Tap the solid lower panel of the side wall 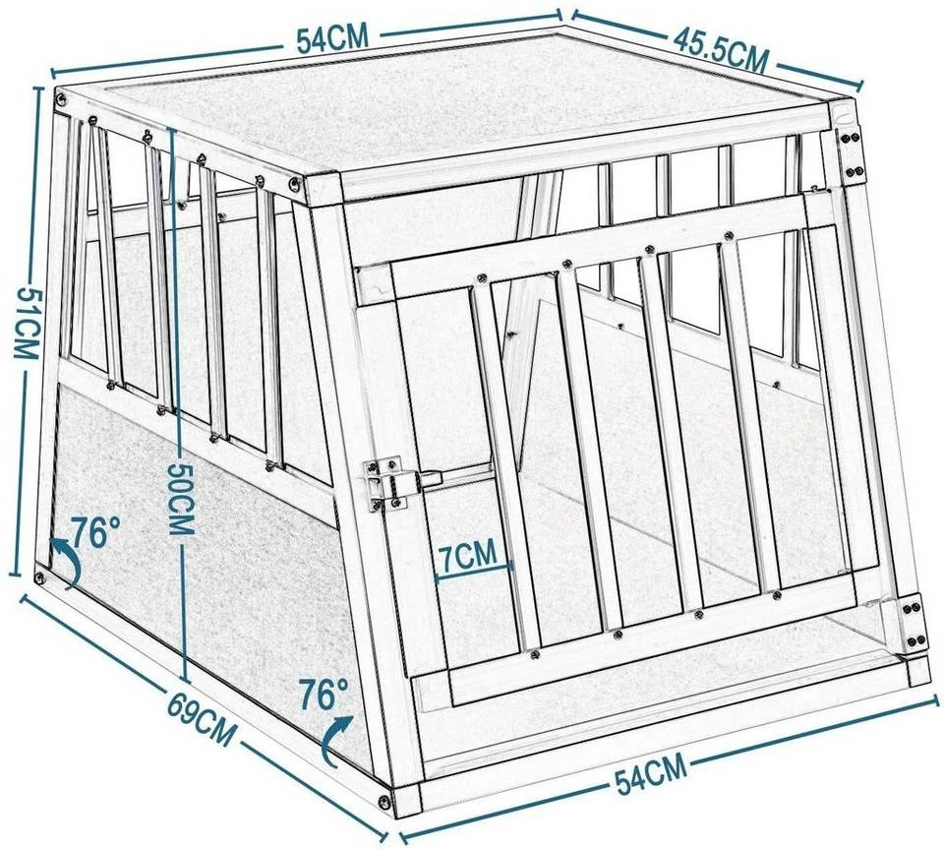click(x=197, y=551)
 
